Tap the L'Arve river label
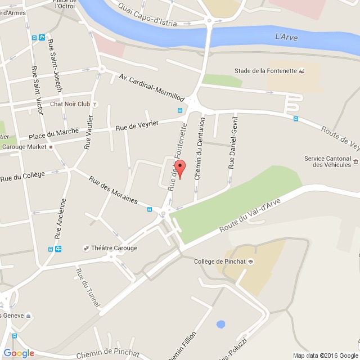[x=286, y=37]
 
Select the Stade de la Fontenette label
[x=265, y=71]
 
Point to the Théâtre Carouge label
[x=114, y=248]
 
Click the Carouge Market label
[x=24, y=147]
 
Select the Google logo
[x=19, y=353]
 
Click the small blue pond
[x=220, y=325]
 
